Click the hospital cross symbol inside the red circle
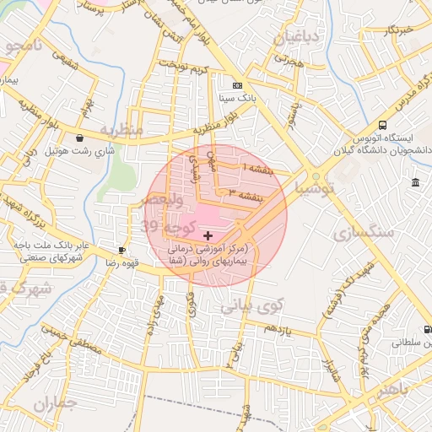(208, 234)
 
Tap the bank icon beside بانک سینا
(237, 85)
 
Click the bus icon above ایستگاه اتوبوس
(383, 125)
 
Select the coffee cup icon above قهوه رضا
(122, 250)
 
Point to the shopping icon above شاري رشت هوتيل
(79, 138)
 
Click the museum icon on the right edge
(415, 182)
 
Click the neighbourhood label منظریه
(121, 130)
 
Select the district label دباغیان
(292, 35)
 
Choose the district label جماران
(56, 403)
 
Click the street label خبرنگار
(397, 30)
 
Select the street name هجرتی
(287, 62)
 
